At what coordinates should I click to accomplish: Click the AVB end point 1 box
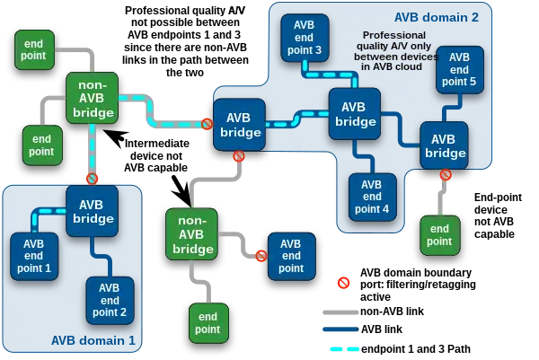pyautogui.click(x=34, y=256)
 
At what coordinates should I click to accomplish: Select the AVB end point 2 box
pyautogui.click(x=110, y=300)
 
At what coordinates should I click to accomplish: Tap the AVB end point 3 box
pyautogui.click(x=305, y=38)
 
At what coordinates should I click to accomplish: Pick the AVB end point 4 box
pyautogui.click(x=372, y=197)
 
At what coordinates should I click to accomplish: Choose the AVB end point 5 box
pyautogui.click(x=459, y=69)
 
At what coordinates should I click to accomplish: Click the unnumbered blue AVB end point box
pyautogui.click(x=291, y=256)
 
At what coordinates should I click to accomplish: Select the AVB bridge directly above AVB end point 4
pyautogui.click(x=355, y=114)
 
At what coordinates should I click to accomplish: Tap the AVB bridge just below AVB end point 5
pyautogui.click(x=444, y=145)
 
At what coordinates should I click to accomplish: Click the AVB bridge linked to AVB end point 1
pyautogui.click(x=92, y=211)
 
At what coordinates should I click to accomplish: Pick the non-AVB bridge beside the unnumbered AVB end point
pyautogui.click(x=192, y=233)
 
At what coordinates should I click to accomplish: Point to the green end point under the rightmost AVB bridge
pyautogui.click(x=439, y=234)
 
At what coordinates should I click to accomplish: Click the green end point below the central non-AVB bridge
pyautogui.click(x=208, y=322)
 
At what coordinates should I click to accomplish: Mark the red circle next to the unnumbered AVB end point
pyautogui.click(x=261, y=256)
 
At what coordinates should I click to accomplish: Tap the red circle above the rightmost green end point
pyautogui.click(x=446, y=175)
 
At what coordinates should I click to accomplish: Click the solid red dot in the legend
pyautogui.click(x=343, y=283)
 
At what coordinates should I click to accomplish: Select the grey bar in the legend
pyautogui.click(x=338, y=312)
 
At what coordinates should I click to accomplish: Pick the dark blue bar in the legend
pyautogui.click(x=338, y=329)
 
